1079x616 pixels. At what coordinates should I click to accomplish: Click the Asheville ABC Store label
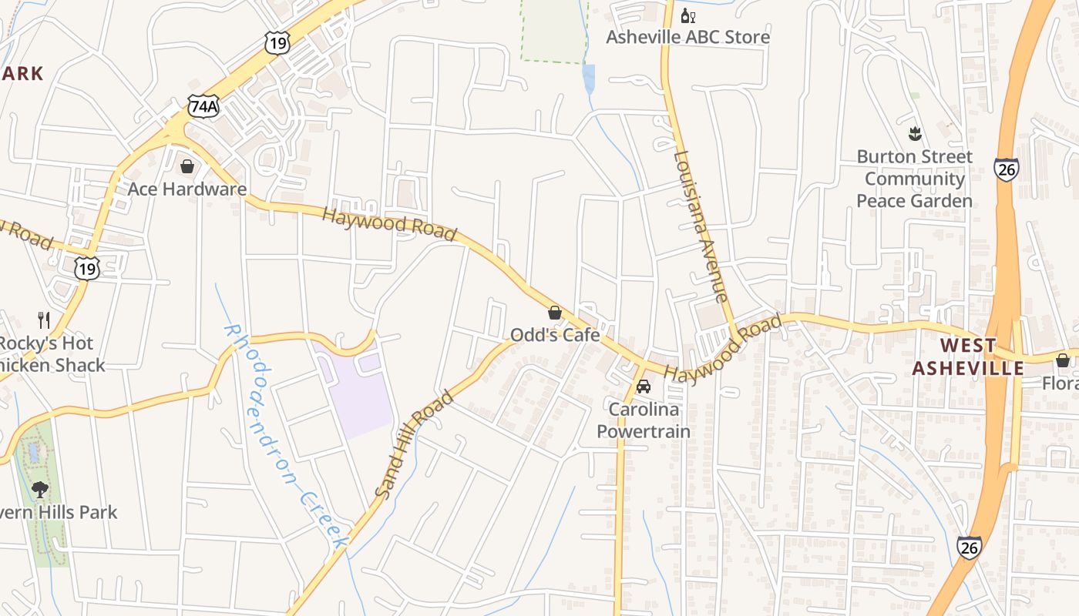tap(687, 37)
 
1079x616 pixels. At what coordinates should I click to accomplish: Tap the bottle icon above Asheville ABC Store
tap(687, 15)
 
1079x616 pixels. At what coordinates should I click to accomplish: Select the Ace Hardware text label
tap(187, 189)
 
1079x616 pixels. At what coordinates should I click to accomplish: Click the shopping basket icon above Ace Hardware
tap(187, 166)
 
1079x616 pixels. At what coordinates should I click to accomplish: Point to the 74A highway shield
tap(203, 106)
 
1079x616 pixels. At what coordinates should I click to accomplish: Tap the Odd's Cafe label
tap(555, 335)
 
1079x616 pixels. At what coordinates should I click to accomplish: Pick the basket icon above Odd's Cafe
tap(555, 313)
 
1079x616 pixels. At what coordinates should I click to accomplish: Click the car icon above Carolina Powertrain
tap(644, 386)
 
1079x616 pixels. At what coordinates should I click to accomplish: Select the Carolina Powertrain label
tap(644, 420)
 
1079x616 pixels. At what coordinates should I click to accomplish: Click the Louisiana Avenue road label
tap(700, 225)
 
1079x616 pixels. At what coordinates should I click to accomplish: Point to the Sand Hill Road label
tap(414, 444)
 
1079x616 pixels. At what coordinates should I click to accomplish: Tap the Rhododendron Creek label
tap(285, 435)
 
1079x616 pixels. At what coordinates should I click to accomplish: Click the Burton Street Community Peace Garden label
tap(914, 179)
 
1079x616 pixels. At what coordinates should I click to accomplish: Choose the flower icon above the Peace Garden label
tap(915, 135)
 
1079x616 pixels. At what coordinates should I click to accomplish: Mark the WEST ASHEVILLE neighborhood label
tap(969, 357)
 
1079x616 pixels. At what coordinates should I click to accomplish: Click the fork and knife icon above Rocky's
tap(44, 320)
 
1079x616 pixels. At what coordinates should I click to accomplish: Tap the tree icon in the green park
tap(40, 489)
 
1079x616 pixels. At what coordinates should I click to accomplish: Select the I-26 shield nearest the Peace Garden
tap(1007, 169)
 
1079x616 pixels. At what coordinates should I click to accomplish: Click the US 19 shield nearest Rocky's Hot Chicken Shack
tap(87, 268)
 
